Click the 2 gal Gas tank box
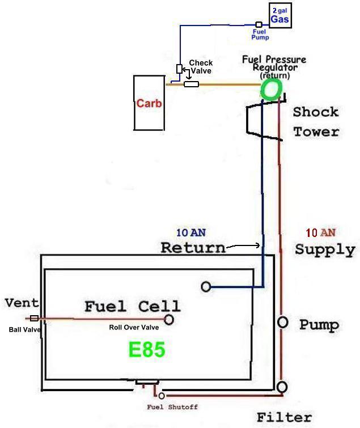point(279,15)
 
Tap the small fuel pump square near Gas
point(259,24)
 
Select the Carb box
point(149,103)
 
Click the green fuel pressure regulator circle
point(271,88)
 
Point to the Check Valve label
point(201,67)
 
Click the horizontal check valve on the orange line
point(192,84)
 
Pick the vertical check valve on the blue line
point(180,69)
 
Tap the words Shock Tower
point(316,121)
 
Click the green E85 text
point(147,349)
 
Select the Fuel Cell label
point(132,307)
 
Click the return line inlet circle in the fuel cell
point(206,287)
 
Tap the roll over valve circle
point(168,320)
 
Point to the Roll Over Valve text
point(134,327)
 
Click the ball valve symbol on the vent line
point(34,319)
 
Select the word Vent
point(22,303)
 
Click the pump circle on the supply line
point(282,323)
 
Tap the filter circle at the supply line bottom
point(282,387)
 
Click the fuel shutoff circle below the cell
point(162,396)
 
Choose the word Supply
point(324,249)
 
